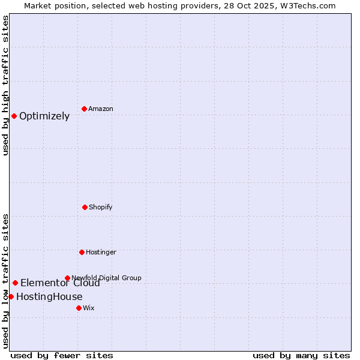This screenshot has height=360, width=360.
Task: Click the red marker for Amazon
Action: coord(85,109)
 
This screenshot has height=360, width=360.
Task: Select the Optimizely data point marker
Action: coord(14,116)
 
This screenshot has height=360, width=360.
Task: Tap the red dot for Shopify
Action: coord(85,207)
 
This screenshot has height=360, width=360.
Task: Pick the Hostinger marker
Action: coord(82,252)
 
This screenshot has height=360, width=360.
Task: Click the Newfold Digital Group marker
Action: coord(67,278)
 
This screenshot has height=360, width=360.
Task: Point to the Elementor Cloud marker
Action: coord(15,283)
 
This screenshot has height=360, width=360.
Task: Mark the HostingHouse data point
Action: coord(11,296)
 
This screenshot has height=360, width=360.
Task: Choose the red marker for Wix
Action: coord(79,308)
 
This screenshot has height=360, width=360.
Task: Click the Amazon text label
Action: coord(101,109)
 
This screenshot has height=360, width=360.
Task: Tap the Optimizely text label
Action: coord(44,116)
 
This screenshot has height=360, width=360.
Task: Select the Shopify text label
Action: coord(101,207)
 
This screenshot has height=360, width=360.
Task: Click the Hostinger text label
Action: coord(101,252)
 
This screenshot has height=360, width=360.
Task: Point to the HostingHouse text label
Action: coord(49,296)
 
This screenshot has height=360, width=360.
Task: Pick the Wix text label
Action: coord(89,308)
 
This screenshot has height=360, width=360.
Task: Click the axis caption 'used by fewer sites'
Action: coord(62,355)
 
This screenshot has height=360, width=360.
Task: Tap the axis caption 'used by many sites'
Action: coord(301,355)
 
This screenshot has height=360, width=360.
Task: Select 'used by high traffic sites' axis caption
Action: coord(5,85)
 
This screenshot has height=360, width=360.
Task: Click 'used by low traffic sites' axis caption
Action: coord(5,281)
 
